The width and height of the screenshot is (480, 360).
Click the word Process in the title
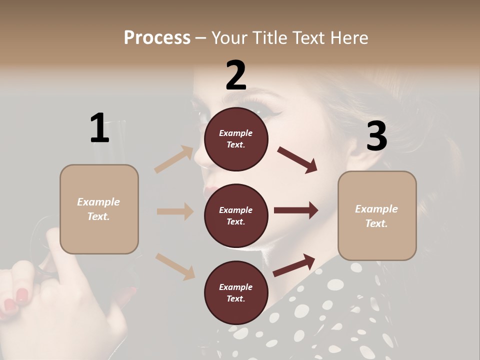pos(157,37)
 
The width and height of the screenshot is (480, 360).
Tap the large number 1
pos(99,128)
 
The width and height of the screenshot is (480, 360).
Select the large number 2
pos(236,75)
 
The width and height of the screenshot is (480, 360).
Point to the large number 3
pos(376,136)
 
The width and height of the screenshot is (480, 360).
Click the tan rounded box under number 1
pos(99,209)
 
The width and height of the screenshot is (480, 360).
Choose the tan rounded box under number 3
pos(377,215)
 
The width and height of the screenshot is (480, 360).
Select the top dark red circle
pos(236,139)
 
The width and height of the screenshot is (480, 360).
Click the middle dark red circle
pos(236,215)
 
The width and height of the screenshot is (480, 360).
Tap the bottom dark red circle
pos(236,292)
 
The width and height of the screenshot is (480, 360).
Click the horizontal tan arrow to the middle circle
pos(175,211)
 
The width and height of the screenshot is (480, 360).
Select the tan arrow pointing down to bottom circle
pos(175,266)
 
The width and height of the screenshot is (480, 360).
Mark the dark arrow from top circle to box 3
pos(297,159)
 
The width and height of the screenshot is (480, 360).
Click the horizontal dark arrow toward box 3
pos(296,210)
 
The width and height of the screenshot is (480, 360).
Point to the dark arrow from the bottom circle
pos(294,265)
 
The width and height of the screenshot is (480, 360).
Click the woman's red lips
pos(213,192)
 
